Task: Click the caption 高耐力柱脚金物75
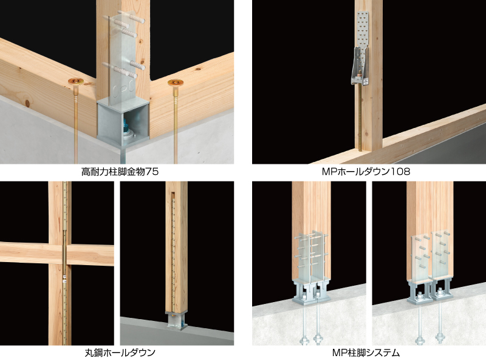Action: [120, 171]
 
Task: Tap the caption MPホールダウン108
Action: [366, 171]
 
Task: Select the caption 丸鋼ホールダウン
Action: [120, 352]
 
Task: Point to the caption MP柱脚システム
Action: [366, 352]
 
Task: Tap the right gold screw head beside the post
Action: [176, 83]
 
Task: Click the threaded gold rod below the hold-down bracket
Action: [360, 118]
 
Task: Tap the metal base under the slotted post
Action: [176, 321]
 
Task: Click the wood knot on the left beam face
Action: [27, 103]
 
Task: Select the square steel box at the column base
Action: [123, 124]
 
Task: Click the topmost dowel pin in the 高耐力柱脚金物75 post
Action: [131, 16]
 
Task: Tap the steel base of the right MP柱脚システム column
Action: [430, 292]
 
